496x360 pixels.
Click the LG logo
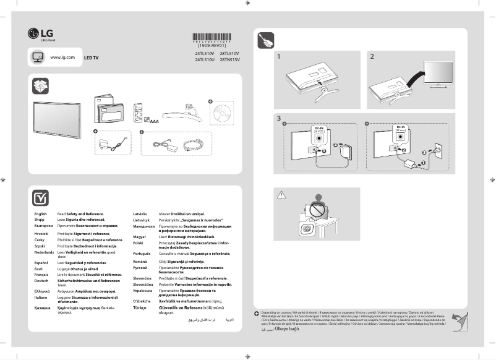coord(37,34)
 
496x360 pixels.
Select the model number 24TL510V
coord(205,54)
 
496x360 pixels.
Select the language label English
coord(41,214)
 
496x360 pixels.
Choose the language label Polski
coord(139,244)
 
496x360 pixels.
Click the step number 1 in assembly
coord(279,57)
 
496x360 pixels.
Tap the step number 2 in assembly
coord(372,57)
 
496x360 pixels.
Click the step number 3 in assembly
coord(279,118)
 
